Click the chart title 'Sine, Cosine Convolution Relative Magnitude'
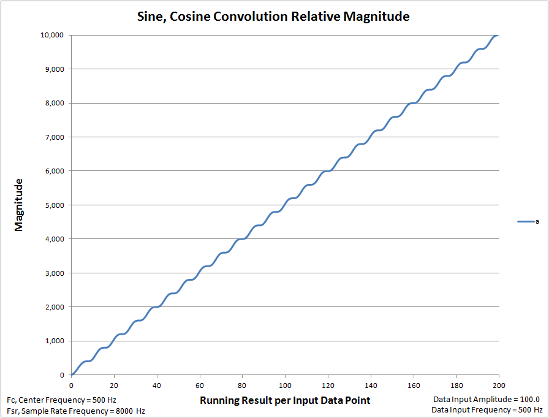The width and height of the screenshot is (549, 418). (x=273, y=17)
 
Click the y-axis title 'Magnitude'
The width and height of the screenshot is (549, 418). (x=19, y=205)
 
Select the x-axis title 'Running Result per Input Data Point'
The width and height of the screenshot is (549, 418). (x=285, y=400)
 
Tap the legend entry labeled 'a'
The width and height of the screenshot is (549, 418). (x=529, y=221)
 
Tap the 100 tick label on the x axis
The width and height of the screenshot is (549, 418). (x=285, y=385)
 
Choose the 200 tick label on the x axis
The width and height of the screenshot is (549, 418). (x=499, y=385)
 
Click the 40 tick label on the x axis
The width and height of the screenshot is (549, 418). (x=157, y=385)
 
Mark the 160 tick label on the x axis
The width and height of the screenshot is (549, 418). (x=414, y=385)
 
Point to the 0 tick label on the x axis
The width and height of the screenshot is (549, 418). (x=72, y=385)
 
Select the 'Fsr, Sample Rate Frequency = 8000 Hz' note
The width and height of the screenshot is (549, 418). (x=76, y=411)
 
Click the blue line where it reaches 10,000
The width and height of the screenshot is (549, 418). (x=497, y=36)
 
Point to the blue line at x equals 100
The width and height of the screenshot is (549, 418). (x=286, y=200)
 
